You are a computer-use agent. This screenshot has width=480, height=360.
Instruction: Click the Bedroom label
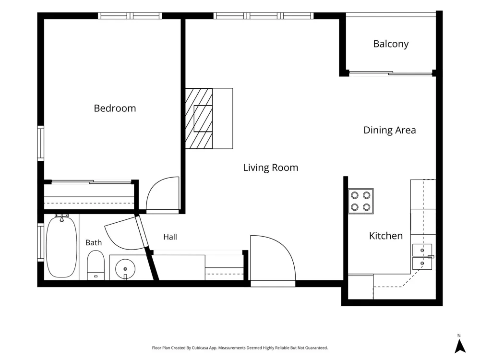pos(115,108)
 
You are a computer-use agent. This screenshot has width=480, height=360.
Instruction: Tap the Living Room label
pos(271,168)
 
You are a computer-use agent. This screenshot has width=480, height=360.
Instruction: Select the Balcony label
pos(391,44)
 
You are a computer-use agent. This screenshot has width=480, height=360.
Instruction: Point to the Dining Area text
pos(390,131)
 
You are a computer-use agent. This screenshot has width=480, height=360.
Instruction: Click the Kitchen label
pos(386,236)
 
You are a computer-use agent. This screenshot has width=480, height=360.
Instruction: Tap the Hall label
pos(170,237)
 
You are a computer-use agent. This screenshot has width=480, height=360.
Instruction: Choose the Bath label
pos(94,243)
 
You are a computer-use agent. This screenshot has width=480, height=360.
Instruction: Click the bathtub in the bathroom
pos(61,246)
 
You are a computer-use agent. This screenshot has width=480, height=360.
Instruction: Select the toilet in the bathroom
pos(96,265)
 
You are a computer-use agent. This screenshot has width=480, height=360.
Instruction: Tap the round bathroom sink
pos(125,269)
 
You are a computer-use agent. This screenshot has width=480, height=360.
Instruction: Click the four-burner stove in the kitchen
pos(360,201)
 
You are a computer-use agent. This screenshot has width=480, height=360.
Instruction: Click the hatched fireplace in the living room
pos(199,119)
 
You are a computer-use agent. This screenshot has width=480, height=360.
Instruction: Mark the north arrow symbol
pos(460,347)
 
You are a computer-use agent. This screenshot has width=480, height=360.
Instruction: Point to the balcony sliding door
pos(391,73)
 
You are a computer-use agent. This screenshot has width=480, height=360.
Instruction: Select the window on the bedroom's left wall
pos(40,143)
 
